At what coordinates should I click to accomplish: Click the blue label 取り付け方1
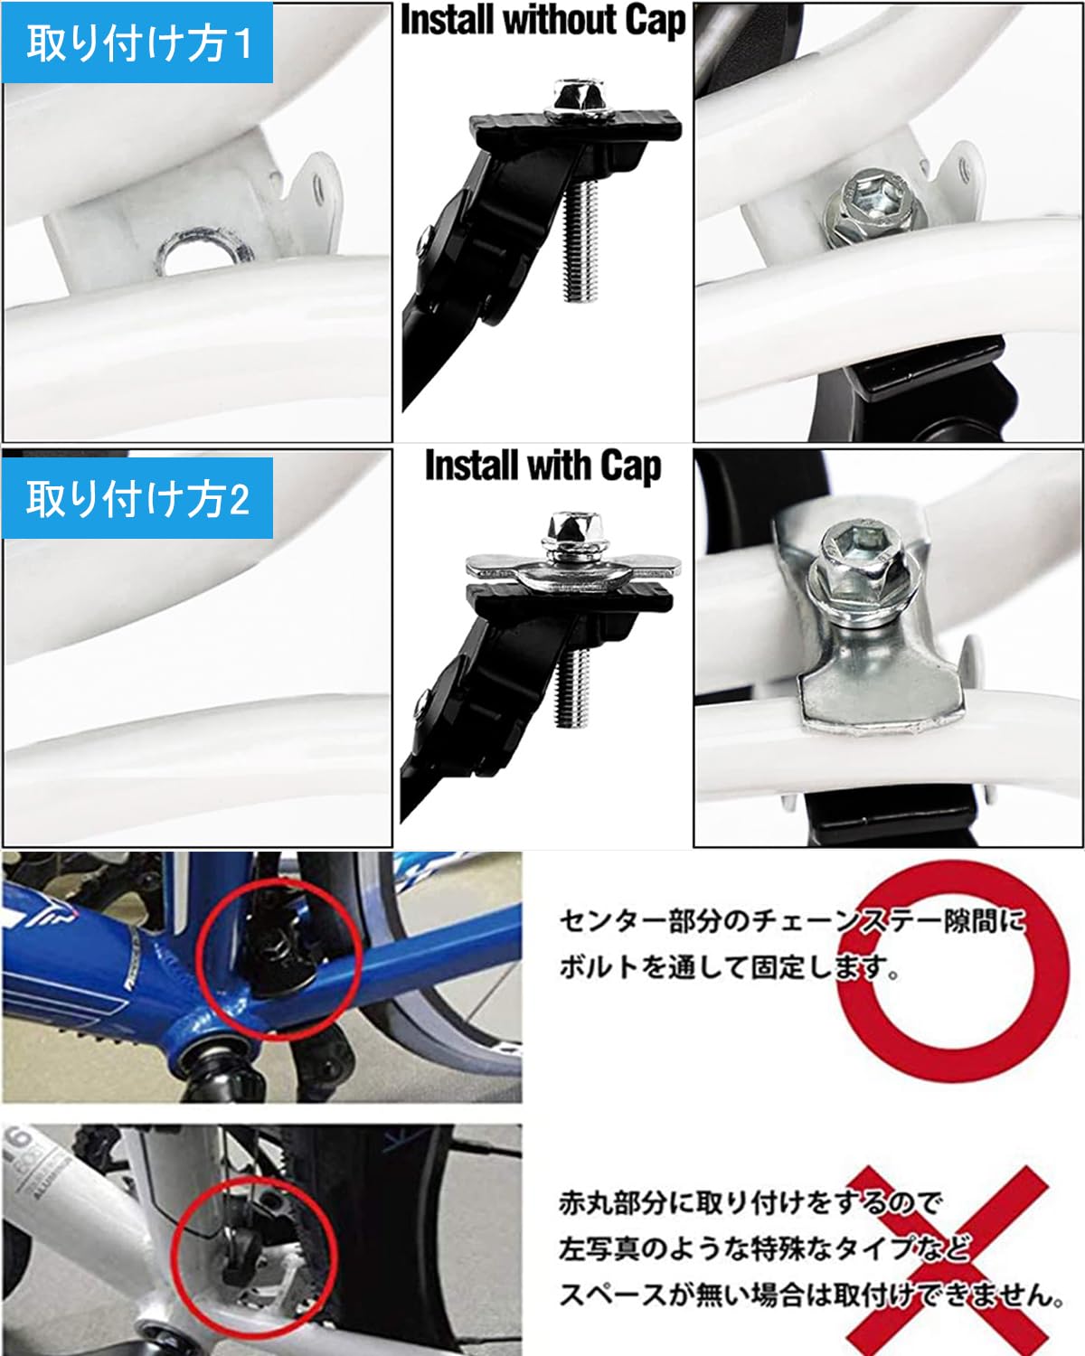point(137,42)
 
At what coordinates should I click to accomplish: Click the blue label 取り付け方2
point(137,498)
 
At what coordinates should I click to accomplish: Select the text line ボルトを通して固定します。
point(729,967)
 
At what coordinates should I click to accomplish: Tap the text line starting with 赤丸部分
point(750,1201)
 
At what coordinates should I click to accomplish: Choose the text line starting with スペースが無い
point(810,1295)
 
